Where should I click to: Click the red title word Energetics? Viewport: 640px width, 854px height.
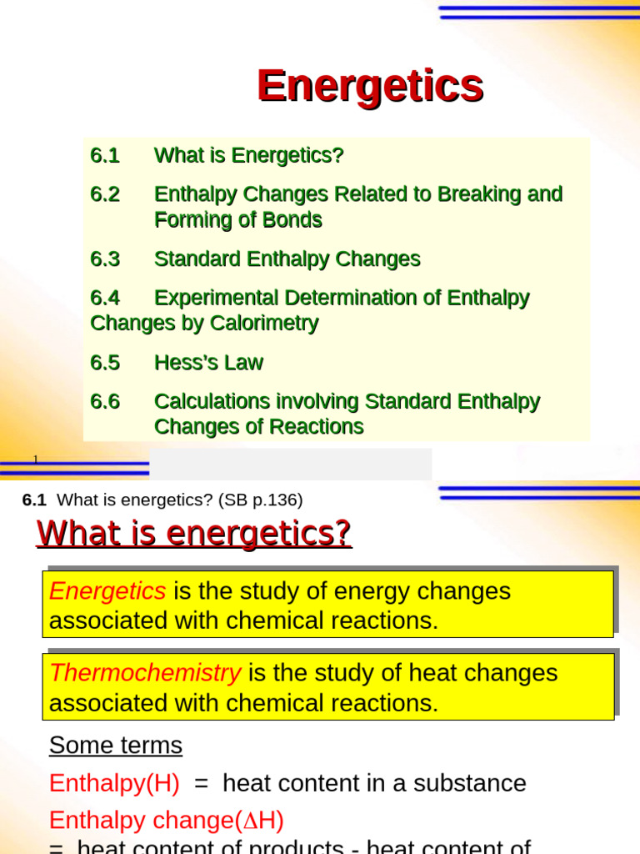click(x=370, y=86)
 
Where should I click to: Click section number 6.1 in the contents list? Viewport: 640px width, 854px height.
click(x=105, y=156)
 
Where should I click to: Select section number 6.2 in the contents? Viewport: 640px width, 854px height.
click(x=105, y=194)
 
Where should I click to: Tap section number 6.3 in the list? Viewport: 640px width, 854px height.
click(x=105, y=259)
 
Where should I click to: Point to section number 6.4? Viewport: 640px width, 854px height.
click(x=105, y=298)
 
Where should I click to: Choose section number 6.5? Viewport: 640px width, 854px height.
click(x=105, y=363)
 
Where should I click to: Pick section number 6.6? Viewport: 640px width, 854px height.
click(x=105, y=402)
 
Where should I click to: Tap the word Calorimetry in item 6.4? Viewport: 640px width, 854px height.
click(x=272, y=323)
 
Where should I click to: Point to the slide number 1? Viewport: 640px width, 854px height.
click(x=36, y=460)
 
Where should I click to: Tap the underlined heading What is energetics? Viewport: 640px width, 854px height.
click(x=194, y=533)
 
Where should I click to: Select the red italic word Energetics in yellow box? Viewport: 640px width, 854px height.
click(x=107, y=591)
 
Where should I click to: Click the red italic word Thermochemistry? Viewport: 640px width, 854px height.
click(x=145, y=673)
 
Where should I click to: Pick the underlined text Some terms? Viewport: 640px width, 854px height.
click(x=116, y=745)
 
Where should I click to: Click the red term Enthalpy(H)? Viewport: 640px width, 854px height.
click(x=114, y=783)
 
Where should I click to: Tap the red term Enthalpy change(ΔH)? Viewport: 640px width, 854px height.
click(x=167, y=821)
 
